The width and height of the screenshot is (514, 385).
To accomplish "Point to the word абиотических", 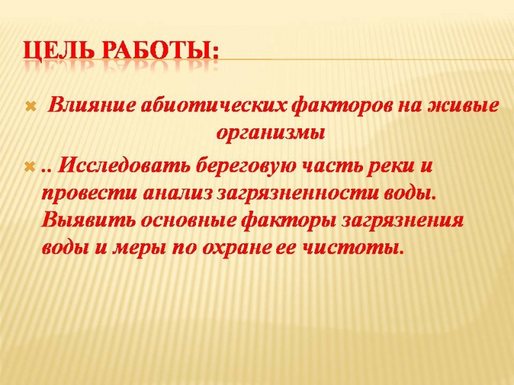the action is tap(214, 107).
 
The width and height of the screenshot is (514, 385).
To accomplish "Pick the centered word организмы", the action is tap(270, 134).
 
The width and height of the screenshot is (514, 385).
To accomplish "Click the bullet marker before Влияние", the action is tap(30, 107).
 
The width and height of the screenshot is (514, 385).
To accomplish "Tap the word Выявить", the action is tap(88, 219).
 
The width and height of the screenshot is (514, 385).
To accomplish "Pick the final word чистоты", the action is tap(351, 248).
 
